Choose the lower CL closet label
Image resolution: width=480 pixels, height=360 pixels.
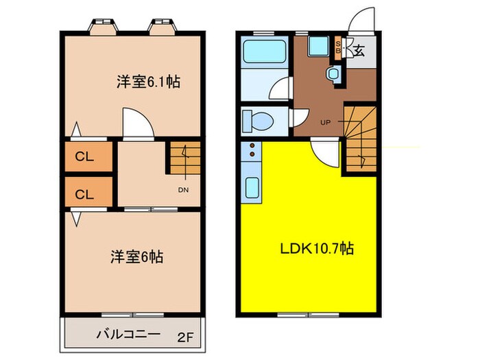(x=84, y=194)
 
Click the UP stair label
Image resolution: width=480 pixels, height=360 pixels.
(x=325, y=123)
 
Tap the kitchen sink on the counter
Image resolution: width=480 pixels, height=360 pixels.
(x=252, y=187)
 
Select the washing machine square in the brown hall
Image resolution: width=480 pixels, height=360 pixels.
(x=317, y=47)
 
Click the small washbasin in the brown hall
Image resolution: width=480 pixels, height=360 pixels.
(x=333, y=73)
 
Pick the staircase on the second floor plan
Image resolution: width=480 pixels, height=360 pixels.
(x=184, y=159)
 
